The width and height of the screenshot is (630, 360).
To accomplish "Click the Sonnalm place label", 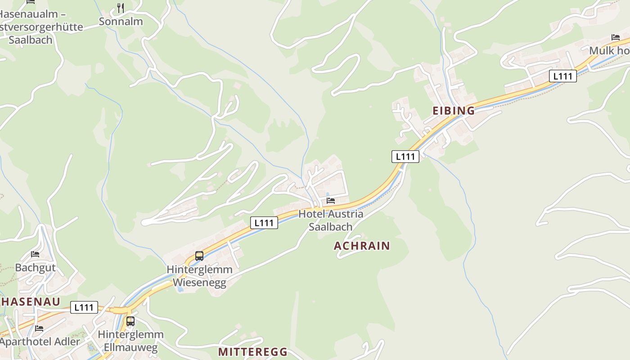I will pos(121,21).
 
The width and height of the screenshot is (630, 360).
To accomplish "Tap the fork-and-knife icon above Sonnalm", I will pos(121,8).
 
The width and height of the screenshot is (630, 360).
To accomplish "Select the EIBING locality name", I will pos(454,111).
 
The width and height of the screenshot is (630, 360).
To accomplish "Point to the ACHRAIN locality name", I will pos(362,246).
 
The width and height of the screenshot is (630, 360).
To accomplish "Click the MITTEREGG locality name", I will pos(252,352).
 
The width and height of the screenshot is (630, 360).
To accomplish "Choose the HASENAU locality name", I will pos(31,301).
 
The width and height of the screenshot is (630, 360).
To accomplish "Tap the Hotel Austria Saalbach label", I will pos(331,220).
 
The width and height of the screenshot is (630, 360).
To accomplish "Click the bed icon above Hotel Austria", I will pos(331,200).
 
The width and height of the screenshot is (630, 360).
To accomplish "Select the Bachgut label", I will pos(36,268).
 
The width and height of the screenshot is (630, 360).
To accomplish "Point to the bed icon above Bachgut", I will pos(35,254).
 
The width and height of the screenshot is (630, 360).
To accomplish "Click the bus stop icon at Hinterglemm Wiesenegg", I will pos(199,256).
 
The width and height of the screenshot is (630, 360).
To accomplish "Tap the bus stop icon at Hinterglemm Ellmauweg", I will pos(130,321).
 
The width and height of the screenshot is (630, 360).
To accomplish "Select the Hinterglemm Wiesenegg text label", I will pos(199,276).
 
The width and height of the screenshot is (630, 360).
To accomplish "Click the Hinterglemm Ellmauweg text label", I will pos(130,341).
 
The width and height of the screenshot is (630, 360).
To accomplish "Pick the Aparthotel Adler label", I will pos(40,342).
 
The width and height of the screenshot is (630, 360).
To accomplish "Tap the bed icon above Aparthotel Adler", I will pos(39,328).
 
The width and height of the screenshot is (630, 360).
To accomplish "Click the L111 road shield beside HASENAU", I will pos(84,308).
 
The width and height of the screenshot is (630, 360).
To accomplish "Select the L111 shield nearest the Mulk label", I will pos(563,76).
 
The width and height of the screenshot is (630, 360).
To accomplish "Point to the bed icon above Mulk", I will pos(615,37).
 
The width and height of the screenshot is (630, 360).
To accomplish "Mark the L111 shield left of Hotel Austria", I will pos(264,223).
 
